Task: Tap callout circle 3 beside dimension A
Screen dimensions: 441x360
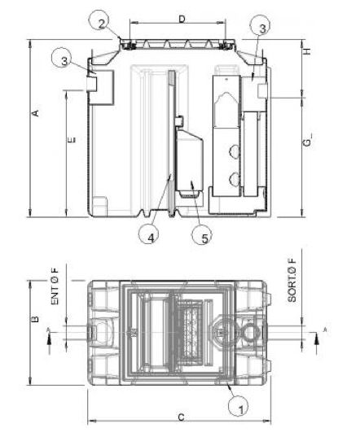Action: click(x=65, y=58)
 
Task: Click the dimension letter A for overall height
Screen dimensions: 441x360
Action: click(x=35, y=115)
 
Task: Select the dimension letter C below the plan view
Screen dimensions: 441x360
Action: click(x=181, y=417)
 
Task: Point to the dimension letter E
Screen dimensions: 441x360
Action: click(x=72, y=140)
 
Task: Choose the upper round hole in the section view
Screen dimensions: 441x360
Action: click(x=234, y=151)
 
